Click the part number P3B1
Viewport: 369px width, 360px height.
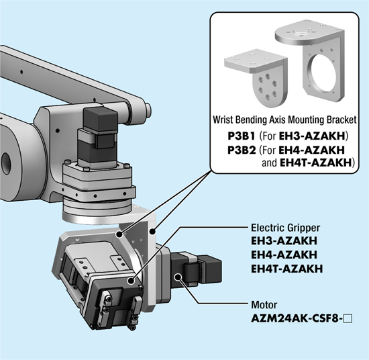pyautogui.click(x=242, y=136)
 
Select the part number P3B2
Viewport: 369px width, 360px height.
pyautogui.click(x=242, y=150)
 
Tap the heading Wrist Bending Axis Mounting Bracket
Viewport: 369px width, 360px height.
pyautogui.click(x=284, y=120)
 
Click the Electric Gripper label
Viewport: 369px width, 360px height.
pyautogui.click(x=286, y=228)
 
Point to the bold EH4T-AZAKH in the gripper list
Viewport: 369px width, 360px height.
pyautogui.click(x=287, y=269)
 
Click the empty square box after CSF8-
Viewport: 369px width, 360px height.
pyautogui.click(x=348, y=319)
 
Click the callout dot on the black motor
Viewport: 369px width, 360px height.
pyautogui.click(x=178, y=277)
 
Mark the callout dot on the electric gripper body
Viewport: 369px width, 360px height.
pyautogui.click(x=131, y=281)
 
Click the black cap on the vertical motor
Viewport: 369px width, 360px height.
pyautogui.click(x=101, y=119)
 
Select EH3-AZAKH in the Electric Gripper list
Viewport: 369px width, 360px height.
pyautogui.click(x=284, y=241)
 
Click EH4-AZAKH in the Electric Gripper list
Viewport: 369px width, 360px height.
pyautogui.click(x=284, y=255)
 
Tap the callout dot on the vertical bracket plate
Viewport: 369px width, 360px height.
pyautogui.click(x=152, y=232)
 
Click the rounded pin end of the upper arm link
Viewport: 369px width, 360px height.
pyautogui.click(x=148, y=111)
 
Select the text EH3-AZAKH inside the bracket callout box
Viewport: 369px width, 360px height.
pyautogui.click(x=312, y=136)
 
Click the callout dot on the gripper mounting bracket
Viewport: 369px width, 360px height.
pyautogui.click(x=120, y=234)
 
